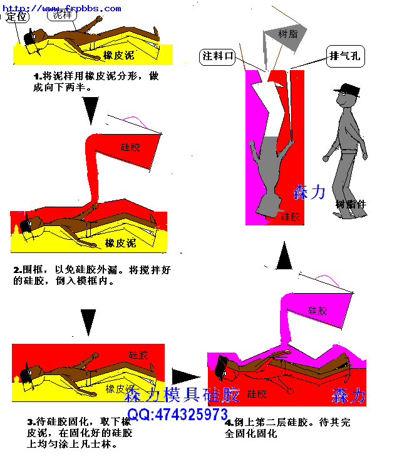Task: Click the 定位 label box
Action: point(17,17)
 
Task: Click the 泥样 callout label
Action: point(63,15)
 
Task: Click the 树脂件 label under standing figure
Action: point(351,204)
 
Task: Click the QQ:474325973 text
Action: point(178,415)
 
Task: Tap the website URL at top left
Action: point(62,8)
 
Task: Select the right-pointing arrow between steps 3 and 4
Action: point(185,376)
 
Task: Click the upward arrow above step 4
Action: point(285,257)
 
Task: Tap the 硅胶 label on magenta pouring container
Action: point(318,310)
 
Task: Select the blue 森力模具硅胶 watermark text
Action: point(182,395)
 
